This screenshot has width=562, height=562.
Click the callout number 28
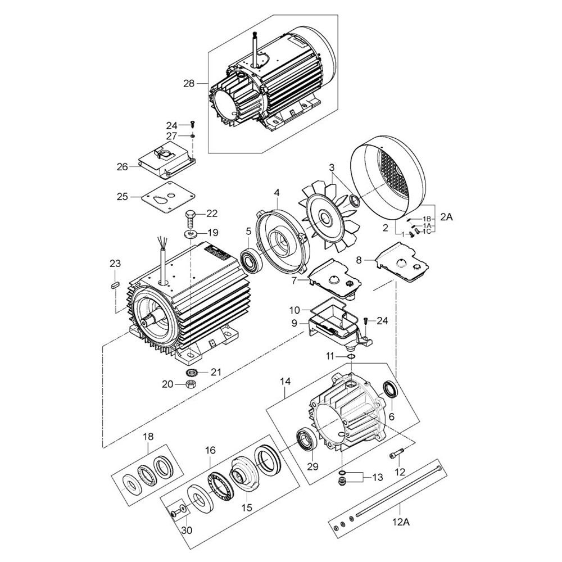[189, 84]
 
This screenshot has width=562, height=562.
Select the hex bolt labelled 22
[191, 219]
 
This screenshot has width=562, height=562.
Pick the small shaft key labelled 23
[115, 285]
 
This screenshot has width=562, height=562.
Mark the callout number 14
[285, 382]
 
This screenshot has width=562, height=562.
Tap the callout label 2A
[447, 217]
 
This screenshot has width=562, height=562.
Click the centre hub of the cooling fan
[325, 217]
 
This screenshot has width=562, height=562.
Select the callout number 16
[210, 450]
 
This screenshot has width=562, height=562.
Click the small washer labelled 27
[193, 136]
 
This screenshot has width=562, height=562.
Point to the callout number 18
[148, 437]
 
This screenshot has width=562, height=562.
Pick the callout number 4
[277, 193]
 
